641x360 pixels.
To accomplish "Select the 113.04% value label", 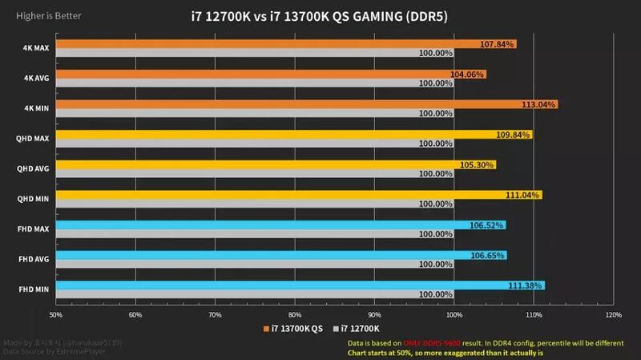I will (x=539, y=104).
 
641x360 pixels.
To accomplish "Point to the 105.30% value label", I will (x=478, y=164).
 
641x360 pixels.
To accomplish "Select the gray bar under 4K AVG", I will (x=240, y=83).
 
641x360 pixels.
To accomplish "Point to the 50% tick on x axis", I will (x=56, y=314).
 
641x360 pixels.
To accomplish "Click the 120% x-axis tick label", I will (x=614, y=314).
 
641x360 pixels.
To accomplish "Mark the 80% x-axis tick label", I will (x=295, y=314).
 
